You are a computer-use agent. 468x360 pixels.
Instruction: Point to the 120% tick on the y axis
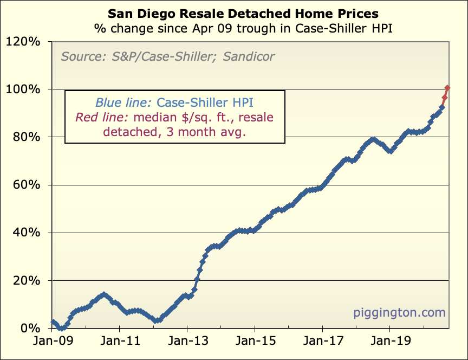pos(25,41)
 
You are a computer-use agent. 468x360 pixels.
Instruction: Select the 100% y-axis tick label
pos(25,89)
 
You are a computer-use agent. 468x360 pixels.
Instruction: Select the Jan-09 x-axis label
pos(53,343)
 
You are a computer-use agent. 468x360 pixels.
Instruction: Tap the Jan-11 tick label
pos(119,343)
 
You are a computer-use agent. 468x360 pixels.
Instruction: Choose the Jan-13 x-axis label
pos(187,343)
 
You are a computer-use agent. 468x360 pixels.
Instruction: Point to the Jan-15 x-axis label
pos(255,343)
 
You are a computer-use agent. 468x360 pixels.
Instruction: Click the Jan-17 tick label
pos(322,343)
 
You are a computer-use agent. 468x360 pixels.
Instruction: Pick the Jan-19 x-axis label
pos(389,343)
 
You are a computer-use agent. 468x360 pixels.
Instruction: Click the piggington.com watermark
pos(399,313)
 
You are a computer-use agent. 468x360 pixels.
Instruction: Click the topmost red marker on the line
pos(447,88)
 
